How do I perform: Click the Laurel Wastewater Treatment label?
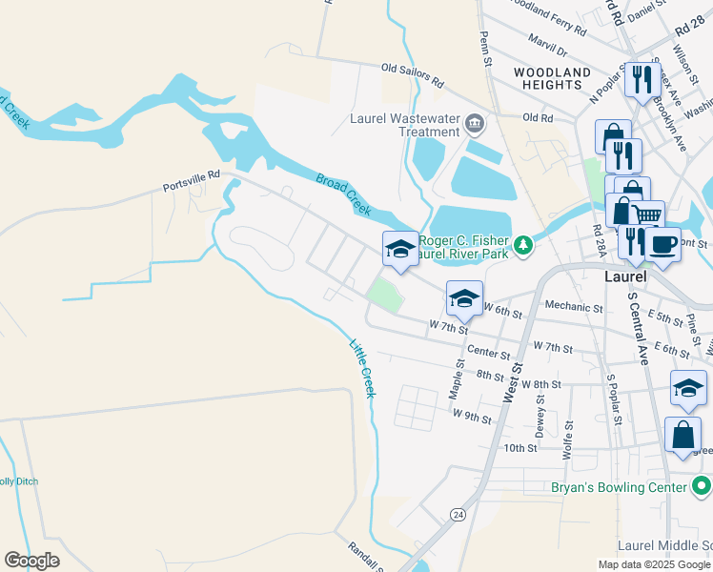click(x=414, y=125)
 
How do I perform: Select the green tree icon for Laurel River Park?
click(x=522, y=247)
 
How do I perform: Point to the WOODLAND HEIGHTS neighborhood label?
click(x=552, y=78)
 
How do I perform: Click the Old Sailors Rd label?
click(x=413, y=74)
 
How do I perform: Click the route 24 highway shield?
click(x=459, y=515)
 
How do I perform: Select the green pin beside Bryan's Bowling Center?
click(x=701, y=487)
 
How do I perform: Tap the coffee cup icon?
click(x=662, y=245)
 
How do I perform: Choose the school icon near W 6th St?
click(x=464, y=299)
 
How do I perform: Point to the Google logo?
click(x=32, y=561)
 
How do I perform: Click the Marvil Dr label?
click(x=548, y=48)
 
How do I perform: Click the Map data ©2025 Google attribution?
click(x=653, y=564)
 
